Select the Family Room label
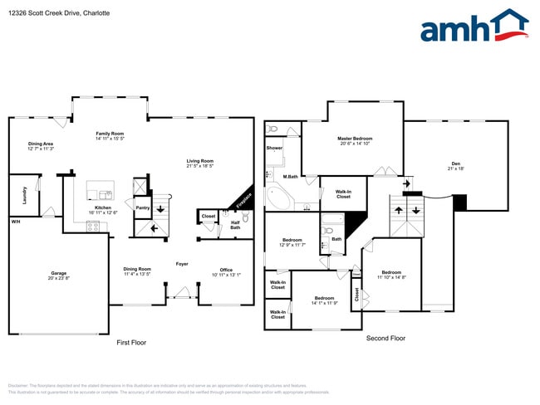[x=110, y=134]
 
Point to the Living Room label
[x=199, y=161]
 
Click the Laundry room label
[x=22, y=198]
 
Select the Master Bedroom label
[x=355, y=139]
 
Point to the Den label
[x=455, y=163]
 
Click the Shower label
[x=274, y=148]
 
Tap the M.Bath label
[x=291, y=177]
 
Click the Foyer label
[x=182, y=264]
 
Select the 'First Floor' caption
[x=131, y=342]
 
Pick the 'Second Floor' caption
[x=385, y=338]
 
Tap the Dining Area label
[x=41, y=144]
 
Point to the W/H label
[x=15, y=222]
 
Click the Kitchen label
[x=103, y=207]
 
